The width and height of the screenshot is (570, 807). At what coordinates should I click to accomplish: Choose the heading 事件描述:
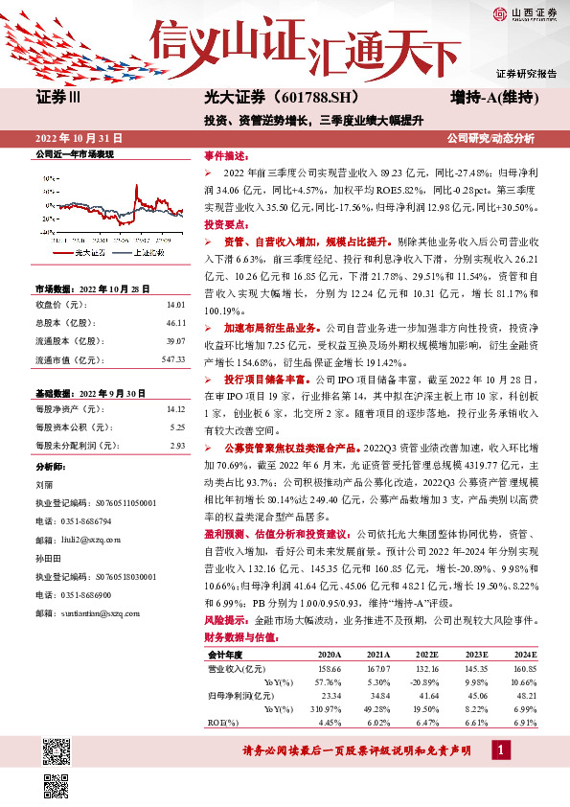[226, 154]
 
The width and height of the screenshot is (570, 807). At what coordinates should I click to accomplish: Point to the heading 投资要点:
[226, 222]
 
